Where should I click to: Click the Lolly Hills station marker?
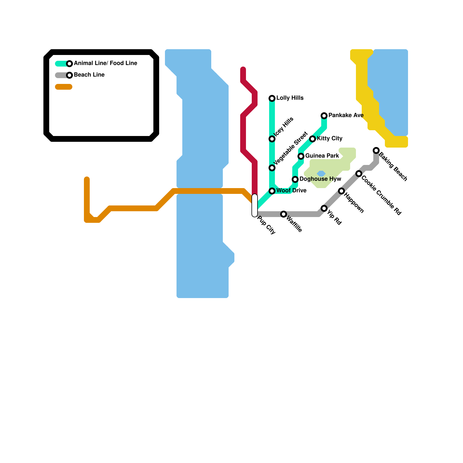pos(272,98)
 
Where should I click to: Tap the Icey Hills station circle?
pos(272,139)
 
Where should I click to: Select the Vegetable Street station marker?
pos(272,168)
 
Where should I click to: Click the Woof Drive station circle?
pos(272,191)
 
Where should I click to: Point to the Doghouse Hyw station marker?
pos(295,179)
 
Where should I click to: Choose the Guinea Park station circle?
pos(301,156)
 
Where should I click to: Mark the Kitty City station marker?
pos(313,139)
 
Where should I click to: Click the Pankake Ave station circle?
pos(324,116)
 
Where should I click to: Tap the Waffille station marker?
pos(284,214)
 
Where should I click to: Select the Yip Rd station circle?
pos(324,208)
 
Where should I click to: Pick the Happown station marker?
pos(341,191)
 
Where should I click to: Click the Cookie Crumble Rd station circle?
pos(359,174)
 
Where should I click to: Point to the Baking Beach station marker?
pos(376,150)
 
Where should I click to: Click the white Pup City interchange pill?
pos(255,205)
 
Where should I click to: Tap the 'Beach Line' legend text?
pos(89,75)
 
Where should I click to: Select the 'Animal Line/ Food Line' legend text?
pos(105,63)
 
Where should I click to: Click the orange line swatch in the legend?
pos(64,87)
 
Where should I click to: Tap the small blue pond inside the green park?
pos(321,174)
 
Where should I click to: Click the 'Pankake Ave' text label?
pos(346,115)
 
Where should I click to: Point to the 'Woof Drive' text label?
pos(291,191)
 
